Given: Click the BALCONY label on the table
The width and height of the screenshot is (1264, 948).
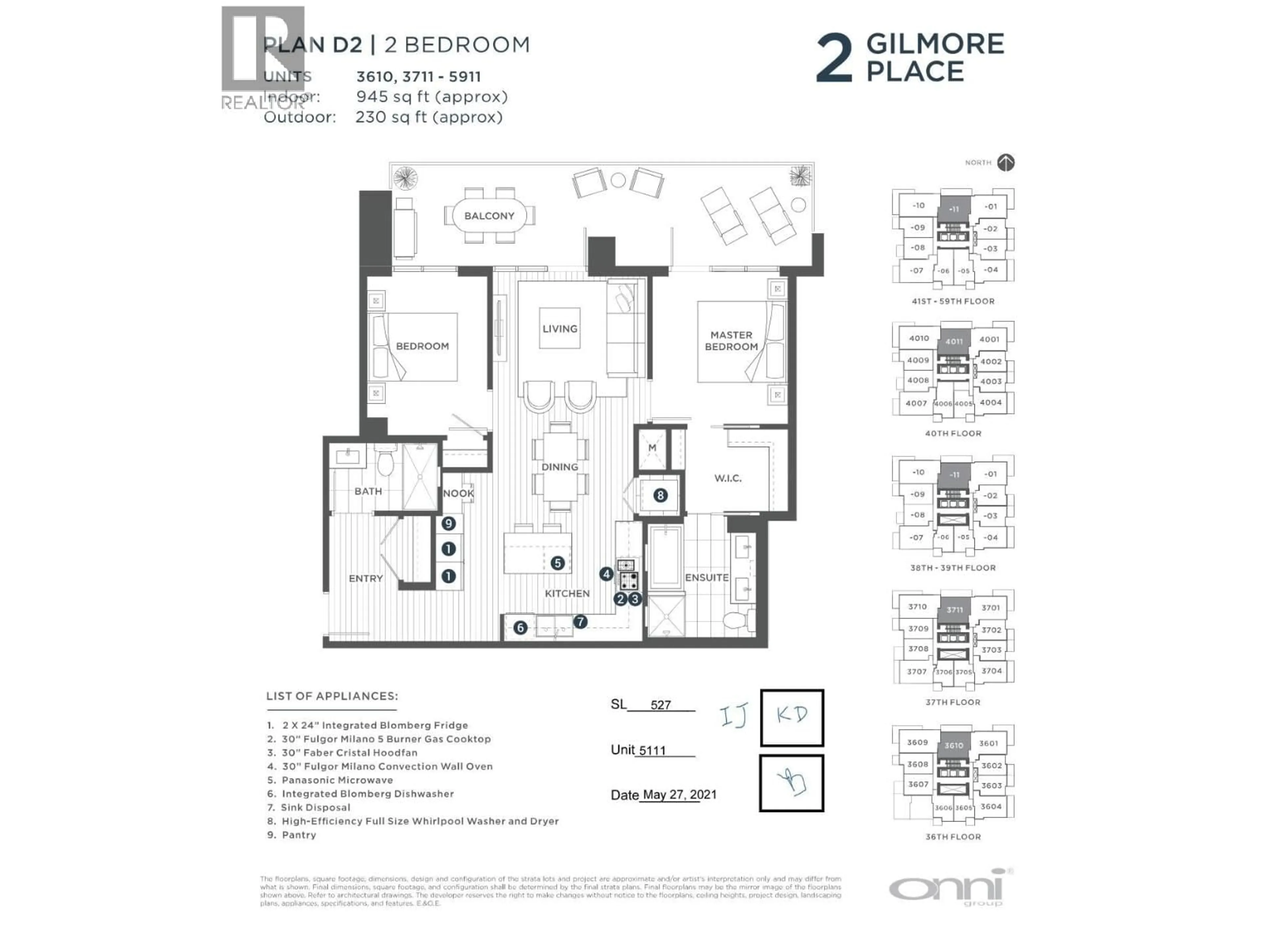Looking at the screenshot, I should point(489,216).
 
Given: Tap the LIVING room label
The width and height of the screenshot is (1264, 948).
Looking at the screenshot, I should point(560,329).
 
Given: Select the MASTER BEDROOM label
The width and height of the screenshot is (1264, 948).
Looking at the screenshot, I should point(731,341).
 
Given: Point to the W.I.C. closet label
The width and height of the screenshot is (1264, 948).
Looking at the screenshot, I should point(727,478).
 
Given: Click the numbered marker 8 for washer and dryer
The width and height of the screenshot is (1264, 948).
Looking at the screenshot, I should point(660,495).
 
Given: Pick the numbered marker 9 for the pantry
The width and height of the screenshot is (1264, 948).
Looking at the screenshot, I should point(449,523).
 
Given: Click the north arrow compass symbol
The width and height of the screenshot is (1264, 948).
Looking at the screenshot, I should point(1006,163).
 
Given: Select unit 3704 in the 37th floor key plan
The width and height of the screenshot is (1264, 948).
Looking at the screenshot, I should point(991,671).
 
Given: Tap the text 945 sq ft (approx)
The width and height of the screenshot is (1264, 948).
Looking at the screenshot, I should point(432,96).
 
